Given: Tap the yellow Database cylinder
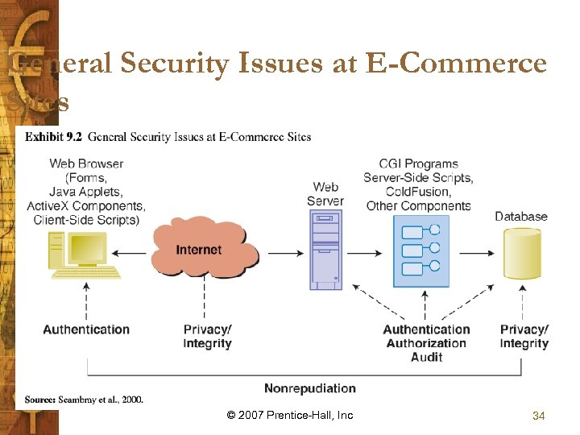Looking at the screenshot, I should point(522,254).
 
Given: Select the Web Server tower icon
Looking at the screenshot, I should point(325,250).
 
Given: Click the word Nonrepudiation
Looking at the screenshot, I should point(310,388).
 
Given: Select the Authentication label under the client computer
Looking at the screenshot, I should point(86,329).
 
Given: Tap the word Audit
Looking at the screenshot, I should point(426,357).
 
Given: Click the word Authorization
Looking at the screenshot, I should point(426,343).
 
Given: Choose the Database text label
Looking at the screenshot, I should point(521,216).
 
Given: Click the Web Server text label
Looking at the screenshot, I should point(325,194).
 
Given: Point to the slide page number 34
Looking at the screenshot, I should point(539,416).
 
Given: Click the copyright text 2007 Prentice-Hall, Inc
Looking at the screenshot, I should point(290,416).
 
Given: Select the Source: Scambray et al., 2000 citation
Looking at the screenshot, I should point(84,400).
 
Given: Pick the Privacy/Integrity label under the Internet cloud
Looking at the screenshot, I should point(207,337).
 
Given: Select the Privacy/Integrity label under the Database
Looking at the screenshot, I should point(524,337).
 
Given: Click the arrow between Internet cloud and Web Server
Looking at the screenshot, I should point(285,253).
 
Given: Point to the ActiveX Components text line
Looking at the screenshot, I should point(86,206).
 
